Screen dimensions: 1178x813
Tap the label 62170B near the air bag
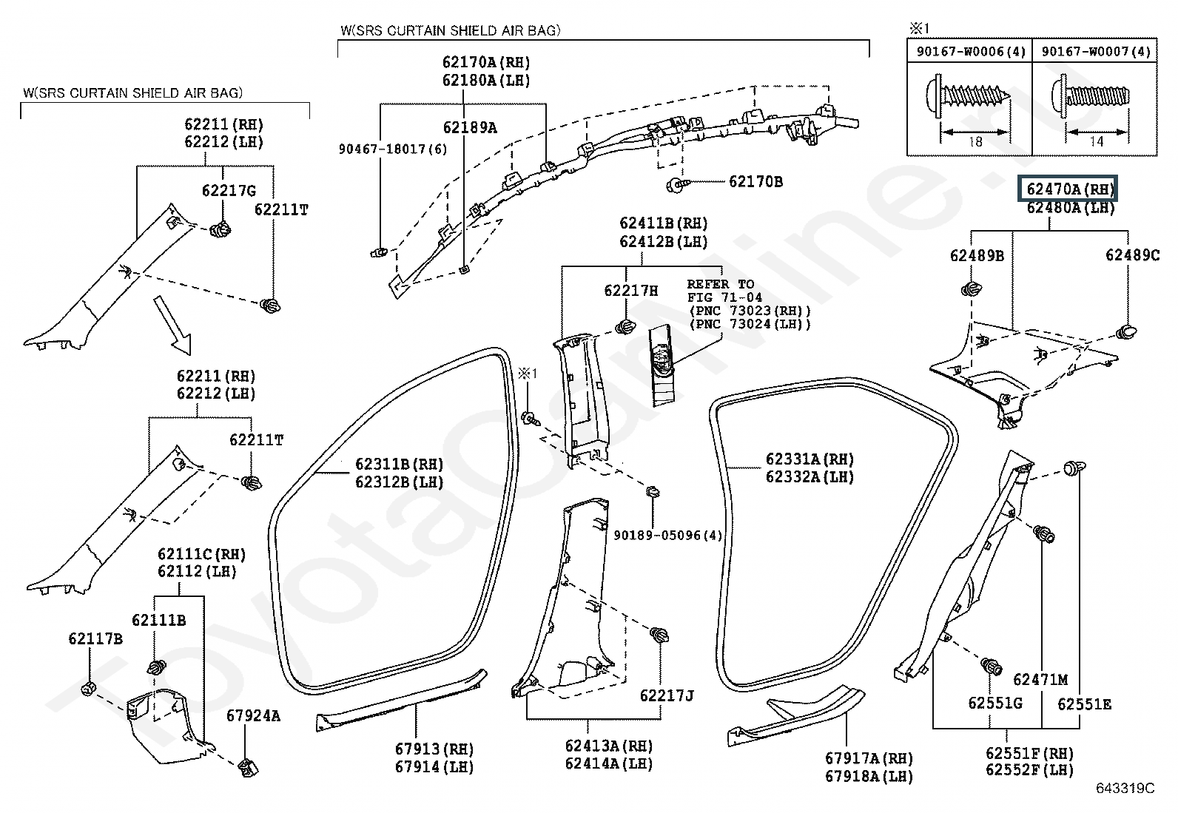coord(755,182)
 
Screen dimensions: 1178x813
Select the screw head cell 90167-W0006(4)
coord(971,52)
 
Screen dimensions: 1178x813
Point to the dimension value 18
coord(975,141)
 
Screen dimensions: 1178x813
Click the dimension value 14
coord(1097,141)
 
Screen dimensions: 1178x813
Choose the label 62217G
coord(229,190)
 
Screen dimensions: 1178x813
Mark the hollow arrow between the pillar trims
coord(172,325)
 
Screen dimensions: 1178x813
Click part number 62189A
coord(470,127)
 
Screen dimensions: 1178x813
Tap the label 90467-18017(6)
coord(393,149)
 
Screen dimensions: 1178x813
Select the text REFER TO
coord(721,285)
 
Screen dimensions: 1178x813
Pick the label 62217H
coord(630,290)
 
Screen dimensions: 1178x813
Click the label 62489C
coord(1132,255)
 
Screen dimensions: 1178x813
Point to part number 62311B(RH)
coord(399,464)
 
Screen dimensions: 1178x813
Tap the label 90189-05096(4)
coord(668,536)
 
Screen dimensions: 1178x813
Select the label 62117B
coord(95,638)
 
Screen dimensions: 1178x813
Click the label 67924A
coord(253,715)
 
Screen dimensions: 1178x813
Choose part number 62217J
coord(666,695)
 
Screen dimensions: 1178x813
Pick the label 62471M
coord(1040,679)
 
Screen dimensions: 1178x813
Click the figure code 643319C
coord(1125,789)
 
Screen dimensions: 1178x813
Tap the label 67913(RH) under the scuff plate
coord(434,749)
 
